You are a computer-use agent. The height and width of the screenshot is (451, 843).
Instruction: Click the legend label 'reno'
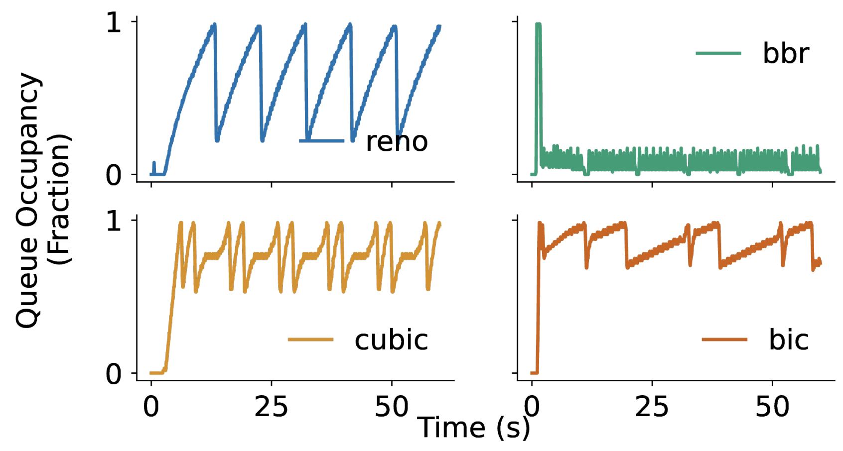click(x=397, y=142)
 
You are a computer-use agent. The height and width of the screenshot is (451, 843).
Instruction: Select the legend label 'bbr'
click(x=786, y=53)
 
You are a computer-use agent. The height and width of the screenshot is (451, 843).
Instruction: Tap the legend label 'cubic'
click(x=391, y=340)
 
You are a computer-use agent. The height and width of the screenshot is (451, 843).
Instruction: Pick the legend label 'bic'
click(x=789, y=340)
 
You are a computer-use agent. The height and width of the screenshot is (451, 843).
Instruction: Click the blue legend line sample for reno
click(x=321, y=141)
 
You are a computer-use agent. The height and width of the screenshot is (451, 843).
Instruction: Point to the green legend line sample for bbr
click(x=718, y=53)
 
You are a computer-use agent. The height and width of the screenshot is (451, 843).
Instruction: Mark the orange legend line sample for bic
click(x=724, y=340)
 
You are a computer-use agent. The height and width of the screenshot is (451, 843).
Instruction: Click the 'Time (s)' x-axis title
click(x=473, y=428)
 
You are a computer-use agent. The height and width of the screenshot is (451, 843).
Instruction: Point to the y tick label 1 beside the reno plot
click(x=114, y=23)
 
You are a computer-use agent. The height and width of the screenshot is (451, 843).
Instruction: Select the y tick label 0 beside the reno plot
click(x=114, y=175)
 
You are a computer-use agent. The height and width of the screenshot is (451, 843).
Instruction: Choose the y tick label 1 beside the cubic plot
click(x=114, y=221)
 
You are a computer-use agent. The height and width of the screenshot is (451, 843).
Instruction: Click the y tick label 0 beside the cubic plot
click(x=114, y=373)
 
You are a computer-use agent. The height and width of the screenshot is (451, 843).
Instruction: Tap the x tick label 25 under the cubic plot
click(x=271, y=407)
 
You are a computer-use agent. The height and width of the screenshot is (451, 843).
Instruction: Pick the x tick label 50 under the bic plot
click(x=772, y=407)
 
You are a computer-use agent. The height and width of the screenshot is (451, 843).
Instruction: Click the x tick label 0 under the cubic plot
click(x=151, y=407)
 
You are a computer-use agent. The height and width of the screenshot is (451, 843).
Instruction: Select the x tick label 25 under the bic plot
click(x=652, y=407)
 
